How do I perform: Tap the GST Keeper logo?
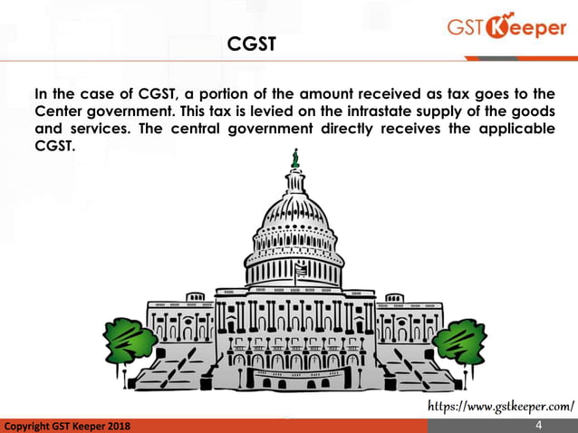pos(506,28)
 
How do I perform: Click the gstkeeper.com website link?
pos(500,402)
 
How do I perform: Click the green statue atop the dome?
pos(294,159)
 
